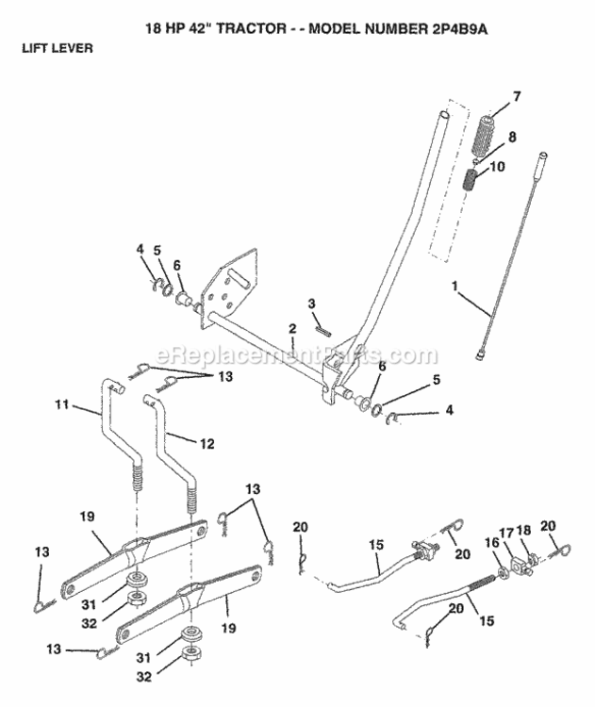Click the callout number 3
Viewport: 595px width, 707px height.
pos(310,303)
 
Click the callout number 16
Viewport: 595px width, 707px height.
pos(488,544)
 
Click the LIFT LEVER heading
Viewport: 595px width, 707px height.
pos(58,49)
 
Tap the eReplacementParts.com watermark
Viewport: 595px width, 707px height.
pos(297,357)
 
